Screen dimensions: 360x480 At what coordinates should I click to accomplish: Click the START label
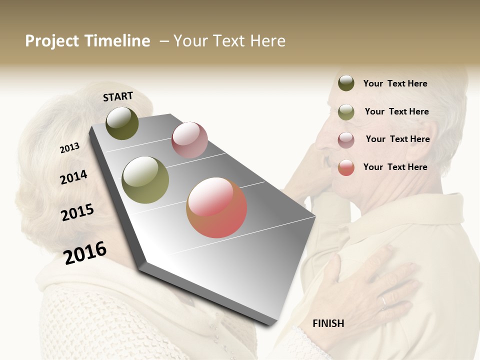click(118, 96)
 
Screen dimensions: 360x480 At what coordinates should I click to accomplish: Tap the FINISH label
click(328, 323)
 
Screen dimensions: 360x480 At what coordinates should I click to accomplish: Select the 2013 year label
click(69, 148)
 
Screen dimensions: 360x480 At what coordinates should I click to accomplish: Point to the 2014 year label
click(73, 177)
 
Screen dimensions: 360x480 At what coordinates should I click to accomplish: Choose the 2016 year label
click(85, 252)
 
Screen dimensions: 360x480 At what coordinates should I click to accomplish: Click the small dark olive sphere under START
click(122, 123)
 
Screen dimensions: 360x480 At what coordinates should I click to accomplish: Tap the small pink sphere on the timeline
click(189, 140)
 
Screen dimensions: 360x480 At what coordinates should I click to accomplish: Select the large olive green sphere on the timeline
click(145, 180)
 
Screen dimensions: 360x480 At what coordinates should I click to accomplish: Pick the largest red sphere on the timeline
click(216, 207)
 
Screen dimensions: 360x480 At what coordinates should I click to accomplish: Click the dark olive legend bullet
click(346, 83)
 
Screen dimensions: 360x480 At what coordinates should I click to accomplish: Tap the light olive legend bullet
click(346, 112)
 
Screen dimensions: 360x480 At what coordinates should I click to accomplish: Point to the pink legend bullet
click(346, 140)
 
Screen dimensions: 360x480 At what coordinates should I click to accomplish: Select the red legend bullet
click(346, 167)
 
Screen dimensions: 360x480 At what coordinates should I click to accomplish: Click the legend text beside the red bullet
click(395, 167)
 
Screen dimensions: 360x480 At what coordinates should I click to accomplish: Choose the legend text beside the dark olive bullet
click(395, 83)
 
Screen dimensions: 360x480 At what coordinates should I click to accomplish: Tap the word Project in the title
click(52, 41)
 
